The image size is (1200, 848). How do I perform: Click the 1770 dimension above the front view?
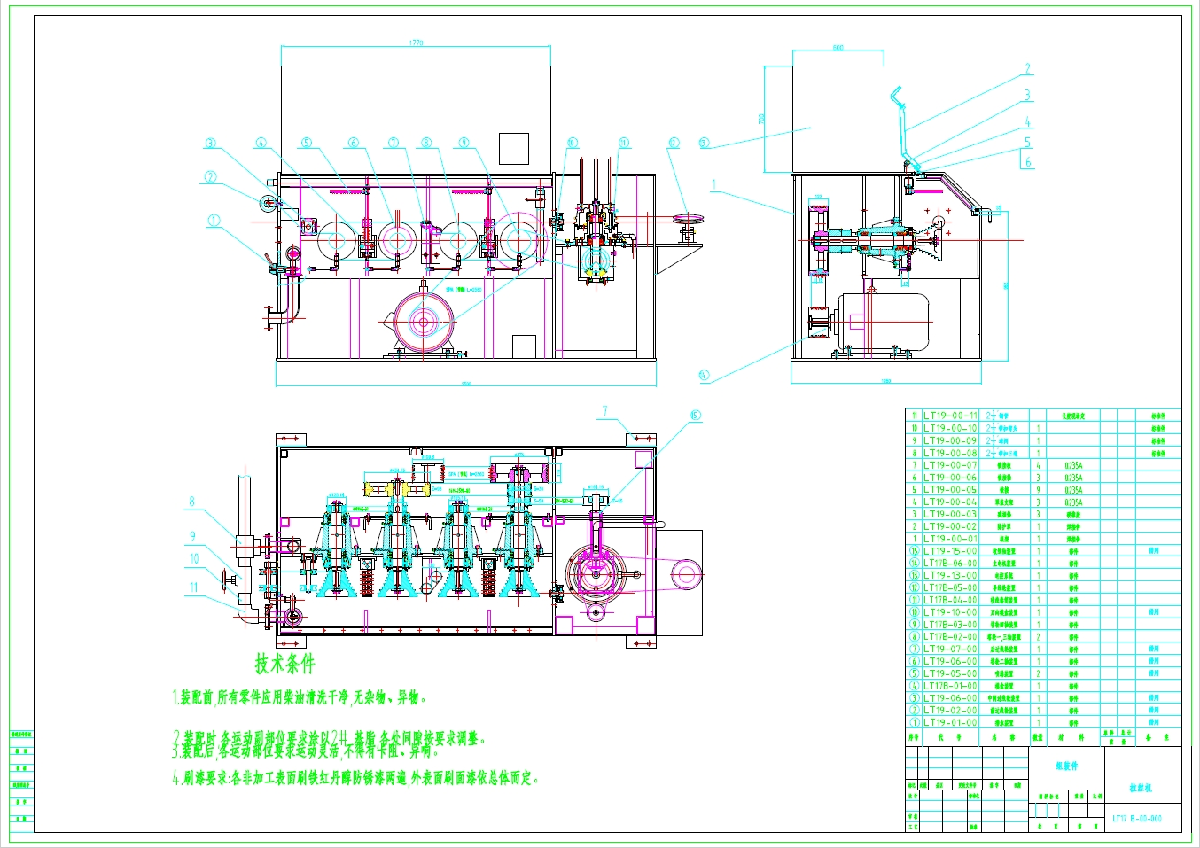tap(417, 42)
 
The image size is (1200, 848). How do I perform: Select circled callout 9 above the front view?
tap(464, 143)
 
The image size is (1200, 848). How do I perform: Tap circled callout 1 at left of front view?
tap(214, 221)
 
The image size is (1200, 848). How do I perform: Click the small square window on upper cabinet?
tap(513, 148)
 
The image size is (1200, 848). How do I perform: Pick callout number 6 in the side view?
tap(1028, 162)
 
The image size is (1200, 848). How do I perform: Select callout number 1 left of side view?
tap(713, 186)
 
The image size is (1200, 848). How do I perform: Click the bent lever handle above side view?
tap(901, 124)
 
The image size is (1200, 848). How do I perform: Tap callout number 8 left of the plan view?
tap(191, 502)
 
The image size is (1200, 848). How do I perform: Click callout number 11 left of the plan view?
tap(193, 587)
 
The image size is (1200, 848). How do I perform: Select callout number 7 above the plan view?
tap(605, 411)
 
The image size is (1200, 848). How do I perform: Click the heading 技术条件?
tap(284, 663)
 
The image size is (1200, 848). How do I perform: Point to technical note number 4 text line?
tap(355, 778)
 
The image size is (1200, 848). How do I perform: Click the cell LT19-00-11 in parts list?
tap(950, 416)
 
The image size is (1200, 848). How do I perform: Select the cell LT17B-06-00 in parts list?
tap(950, 563)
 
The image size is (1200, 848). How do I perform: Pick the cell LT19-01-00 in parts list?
tap(950, 722)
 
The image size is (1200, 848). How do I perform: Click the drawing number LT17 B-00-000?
tap(1137, 818)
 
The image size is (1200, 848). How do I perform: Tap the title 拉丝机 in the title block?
tap(1141, 788)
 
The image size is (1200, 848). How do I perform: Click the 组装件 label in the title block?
tap(1066, 766)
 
